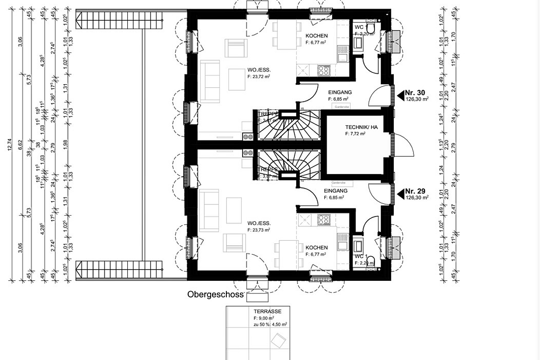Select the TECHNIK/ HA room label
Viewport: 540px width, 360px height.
click(x=361, y=127)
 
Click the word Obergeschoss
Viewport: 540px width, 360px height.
click(x=216, y=295)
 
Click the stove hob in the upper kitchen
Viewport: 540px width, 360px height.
click(x=324, y=70)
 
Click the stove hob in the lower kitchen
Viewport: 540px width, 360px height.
click(x=324, y=219)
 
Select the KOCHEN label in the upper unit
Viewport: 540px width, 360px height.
click(x=316, y=36)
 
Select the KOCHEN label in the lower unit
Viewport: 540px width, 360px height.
click(x=316, y=247)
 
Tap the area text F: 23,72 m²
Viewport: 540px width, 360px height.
click(x=258, y=77)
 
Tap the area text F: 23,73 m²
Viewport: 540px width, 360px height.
click(x=258, y=229)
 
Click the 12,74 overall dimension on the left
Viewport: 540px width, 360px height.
click(x=10, y=145)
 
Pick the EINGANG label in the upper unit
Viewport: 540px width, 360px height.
click(x=340, y=92)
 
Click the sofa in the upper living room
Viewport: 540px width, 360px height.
click(x=210, y=81)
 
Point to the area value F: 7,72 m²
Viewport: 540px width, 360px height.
click(x=355, y=134)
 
